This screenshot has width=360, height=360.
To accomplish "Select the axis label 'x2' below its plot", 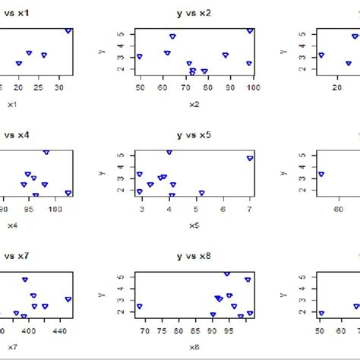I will point(194,104).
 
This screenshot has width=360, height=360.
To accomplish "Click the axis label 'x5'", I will point(194,226).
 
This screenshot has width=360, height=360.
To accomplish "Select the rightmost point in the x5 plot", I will point(250,158).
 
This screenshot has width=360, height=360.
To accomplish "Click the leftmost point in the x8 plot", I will point(139,307).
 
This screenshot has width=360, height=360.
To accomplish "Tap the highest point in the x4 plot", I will point(46,152).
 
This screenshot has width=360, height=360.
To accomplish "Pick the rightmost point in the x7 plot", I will point(68,299).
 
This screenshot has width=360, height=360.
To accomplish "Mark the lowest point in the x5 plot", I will point(201,193).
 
